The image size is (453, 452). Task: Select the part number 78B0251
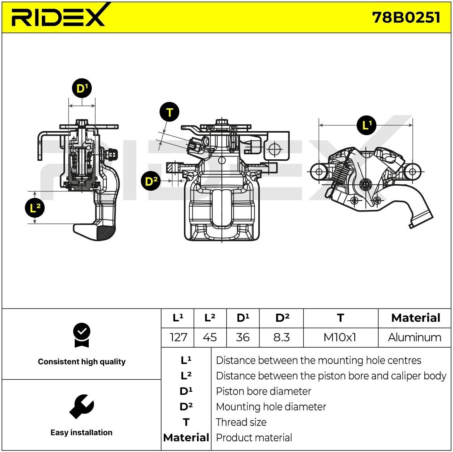pos(406,17)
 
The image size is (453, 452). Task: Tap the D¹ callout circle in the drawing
pos(82,88)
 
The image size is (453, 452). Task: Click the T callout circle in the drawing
pos(169,112)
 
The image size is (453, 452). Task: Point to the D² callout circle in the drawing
pos(151,181)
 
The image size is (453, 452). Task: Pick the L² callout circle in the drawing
pos(35,207)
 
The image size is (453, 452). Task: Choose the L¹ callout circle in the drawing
pos(366,125)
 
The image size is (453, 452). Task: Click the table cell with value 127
pos(178,337)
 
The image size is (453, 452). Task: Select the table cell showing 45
pos(210,337)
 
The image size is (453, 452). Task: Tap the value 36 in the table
pos(243,337)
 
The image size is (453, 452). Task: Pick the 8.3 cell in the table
pos(281,337)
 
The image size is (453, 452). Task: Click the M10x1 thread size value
pos(340,337)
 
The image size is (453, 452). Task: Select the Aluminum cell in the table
pos(415,337)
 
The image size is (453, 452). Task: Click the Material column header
pos(415,318)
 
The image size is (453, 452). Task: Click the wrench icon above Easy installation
pos(82,406)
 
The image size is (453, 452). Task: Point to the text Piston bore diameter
pos(264,391)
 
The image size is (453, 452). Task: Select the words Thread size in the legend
pos(241,422)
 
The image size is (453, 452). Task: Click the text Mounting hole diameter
pos(271,407)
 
